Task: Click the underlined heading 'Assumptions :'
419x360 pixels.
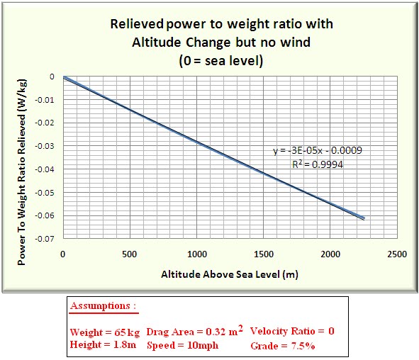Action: (104, 306)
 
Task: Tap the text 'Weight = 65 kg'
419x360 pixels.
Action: (105, 332)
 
